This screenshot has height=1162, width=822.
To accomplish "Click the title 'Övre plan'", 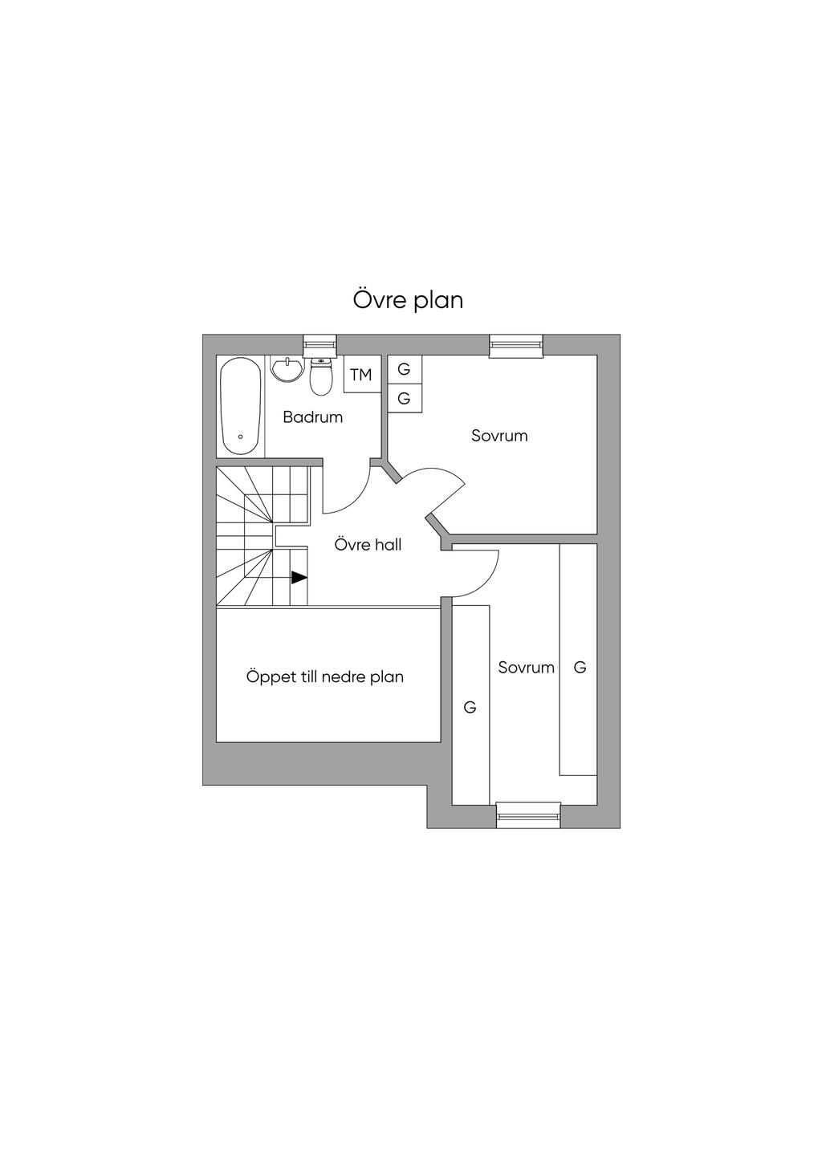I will pos(408,300).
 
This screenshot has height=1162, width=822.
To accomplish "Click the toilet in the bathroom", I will pos(321,378).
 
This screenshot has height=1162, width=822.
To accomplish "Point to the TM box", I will pos(361,375).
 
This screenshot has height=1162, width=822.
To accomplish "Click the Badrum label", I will pos(312,417).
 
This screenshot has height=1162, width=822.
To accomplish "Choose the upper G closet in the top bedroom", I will pos(404,369).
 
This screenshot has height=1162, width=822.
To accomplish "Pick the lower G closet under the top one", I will pos(404,398).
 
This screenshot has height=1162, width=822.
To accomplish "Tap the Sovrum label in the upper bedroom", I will pos(499,436).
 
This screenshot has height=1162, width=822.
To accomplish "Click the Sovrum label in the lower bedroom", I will pos(526,668).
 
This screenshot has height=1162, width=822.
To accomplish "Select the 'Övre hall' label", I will pos(368,545).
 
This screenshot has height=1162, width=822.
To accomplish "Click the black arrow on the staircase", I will pos(299,577).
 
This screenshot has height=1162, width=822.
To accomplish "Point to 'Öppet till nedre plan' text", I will pos(324,676).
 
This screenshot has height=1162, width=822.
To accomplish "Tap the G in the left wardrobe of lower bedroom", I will pos(470,707).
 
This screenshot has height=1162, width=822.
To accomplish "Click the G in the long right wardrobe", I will pos(580,667).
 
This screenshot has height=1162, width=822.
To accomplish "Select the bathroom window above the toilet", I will pos(319,344).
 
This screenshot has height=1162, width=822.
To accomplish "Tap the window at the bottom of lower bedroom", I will pos(527,815).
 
